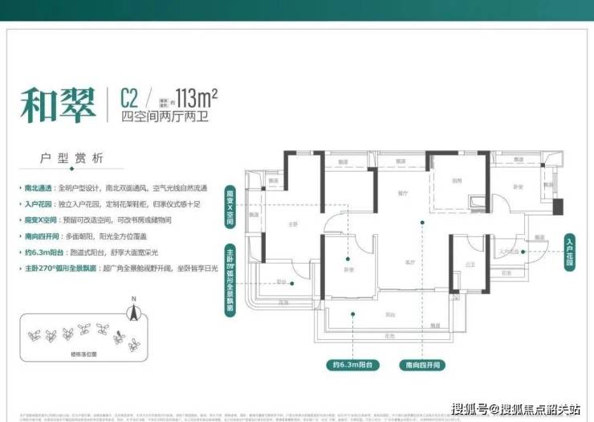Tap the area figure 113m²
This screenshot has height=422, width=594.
tap(192, 98)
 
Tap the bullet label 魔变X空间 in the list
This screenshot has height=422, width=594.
tap(37, 219)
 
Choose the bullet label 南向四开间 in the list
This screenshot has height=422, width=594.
tap(37, 236)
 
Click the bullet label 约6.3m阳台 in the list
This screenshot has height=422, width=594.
tap(37, 252)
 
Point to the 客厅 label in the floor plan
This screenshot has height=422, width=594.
tap(409, 261)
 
